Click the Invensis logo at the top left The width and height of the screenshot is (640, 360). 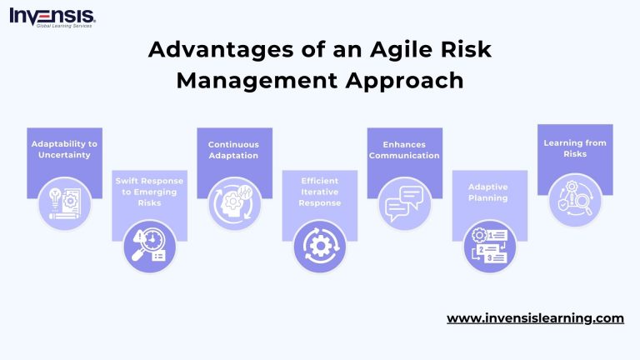coord(52,17)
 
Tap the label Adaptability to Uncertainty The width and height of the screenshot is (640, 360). coord(64,149)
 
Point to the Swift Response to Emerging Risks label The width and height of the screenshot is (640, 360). coord(149,192)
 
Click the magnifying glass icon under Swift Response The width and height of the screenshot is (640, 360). coord(149,247)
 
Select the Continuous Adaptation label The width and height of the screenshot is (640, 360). coord(233,149)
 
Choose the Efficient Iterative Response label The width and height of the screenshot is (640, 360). coord(319,192)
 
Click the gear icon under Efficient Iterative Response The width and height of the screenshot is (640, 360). coord(319,247)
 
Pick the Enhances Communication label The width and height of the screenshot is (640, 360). coord(404,149)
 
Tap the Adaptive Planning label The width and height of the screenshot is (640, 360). coord(489,192)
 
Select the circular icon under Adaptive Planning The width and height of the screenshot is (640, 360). coord(489,247)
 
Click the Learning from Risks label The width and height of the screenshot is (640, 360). coord(574,148)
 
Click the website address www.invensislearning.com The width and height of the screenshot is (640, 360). coord(535,318)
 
